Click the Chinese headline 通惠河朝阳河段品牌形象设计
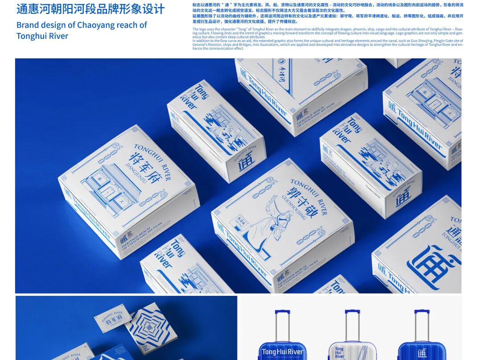point(90,9)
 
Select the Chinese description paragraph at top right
point(328,13)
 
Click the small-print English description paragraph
point(328,39)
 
